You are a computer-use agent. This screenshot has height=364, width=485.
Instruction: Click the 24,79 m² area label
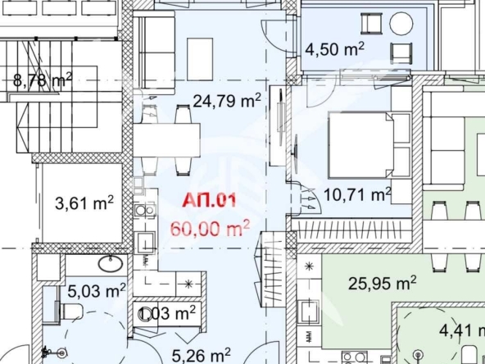click(x=227, y=101)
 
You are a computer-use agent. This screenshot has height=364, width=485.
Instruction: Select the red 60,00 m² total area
click(x=210, y=226)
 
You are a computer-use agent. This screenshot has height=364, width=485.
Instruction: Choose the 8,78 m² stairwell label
click(x=43, y=80)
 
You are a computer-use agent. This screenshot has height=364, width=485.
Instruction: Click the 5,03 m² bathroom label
click(x=97, y=289)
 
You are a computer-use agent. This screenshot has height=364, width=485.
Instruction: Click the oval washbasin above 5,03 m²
click(x=112, y=264)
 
